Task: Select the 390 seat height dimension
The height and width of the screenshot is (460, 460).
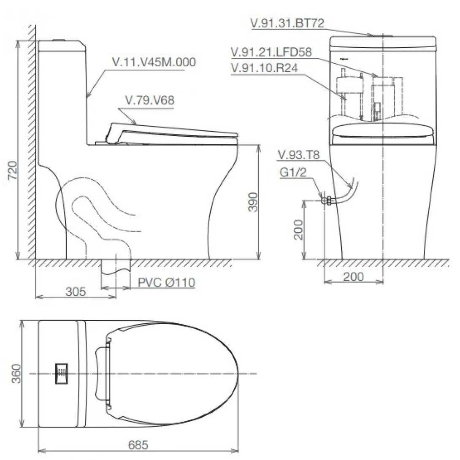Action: click(x=253, y=202)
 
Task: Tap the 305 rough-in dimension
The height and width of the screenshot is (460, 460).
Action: click(x=76, y=292)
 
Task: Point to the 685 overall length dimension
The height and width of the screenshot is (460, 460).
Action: click(x=138, y=445)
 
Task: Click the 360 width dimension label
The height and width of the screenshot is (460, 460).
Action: click(x=16, y=373)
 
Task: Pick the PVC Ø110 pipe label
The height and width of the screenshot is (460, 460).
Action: click(x=166, y=282)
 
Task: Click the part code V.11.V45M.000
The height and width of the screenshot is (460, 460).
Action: click(x=154, y=62)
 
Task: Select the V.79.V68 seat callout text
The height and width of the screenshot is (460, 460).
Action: click(x=150, y=100)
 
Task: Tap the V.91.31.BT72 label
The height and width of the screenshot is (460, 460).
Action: click(x=287, y=23)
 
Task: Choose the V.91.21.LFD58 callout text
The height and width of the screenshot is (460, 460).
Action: click(x=271, y=52)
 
